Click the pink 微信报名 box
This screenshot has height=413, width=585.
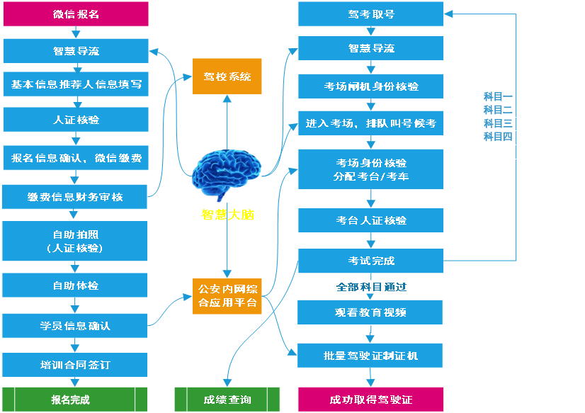pos(76,13)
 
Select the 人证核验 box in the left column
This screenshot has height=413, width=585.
pos(76,120)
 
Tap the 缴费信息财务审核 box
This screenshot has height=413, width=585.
pos(75,196)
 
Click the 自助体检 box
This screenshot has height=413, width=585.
pos(76,285)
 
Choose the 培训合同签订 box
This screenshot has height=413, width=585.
pos(75,365)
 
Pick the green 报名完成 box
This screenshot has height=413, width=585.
pos(75,400)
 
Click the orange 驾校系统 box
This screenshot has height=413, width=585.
pos(227,77)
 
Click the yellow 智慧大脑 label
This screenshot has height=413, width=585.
pos(227,214)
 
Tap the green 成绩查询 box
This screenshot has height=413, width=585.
pos(227,400)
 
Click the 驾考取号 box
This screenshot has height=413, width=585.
pos(370,13)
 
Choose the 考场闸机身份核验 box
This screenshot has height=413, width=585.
pos(370,86)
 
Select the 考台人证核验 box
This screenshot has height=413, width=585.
pos(370,220)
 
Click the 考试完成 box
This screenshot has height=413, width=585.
pos(370,260)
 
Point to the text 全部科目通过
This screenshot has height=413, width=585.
pos(370,287)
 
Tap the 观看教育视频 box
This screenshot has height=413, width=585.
pos(370,312)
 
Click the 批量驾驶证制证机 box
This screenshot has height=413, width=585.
pos(370,355)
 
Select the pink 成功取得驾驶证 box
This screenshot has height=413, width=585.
pos(370,400)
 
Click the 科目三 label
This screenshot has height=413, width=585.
pos(497,123)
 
